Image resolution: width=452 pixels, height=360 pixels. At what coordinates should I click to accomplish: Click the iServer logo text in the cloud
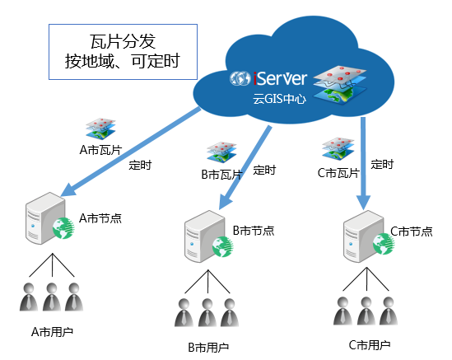pos(280,78)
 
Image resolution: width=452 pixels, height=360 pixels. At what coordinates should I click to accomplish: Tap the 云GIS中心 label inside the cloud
pos(279,99)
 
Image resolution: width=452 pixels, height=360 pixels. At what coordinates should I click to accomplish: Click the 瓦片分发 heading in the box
pos(123,41)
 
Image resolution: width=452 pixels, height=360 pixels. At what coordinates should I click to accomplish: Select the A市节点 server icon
pos(49,218)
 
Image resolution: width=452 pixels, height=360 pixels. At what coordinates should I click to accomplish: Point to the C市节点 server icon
pos(368,236)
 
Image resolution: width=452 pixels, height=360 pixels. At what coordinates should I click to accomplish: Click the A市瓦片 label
pos(100,150)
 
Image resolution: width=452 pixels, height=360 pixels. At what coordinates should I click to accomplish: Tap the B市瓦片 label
pos(221,175)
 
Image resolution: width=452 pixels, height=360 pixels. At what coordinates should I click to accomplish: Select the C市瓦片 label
pos(338,173)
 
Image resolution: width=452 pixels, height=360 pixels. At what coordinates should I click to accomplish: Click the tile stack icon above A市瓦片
pos(100,129)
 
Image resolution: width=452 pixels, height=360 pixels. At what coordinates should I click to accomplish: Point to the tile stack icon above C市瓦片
pos(338,149)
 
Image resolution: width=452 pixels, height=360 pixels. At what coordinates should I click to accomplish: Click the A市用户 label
pos(52,332)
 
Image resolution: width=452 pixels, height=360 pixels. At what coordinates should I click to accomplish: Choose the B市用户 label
pos(208,348)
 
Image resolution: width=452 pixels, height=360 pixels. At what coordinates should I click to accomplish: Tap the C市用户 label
pos(370,345)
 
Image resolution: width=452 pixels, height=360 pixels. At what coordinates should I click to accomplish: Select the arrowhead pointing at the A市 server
pos(68,189)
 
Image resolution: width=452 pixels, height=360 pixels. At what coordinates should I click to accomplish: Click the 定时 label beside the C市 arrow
pos(382,165)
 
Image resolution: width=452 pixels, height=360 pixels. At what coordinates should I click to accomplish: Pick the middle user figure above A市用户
pos(52,297)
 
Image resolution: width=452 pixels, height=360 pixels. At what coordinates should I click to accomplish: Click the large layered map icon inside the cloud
pos(340,85)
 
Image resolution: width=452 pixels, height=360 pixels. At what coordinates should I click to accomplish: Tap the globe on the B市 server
pos(223,246)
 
